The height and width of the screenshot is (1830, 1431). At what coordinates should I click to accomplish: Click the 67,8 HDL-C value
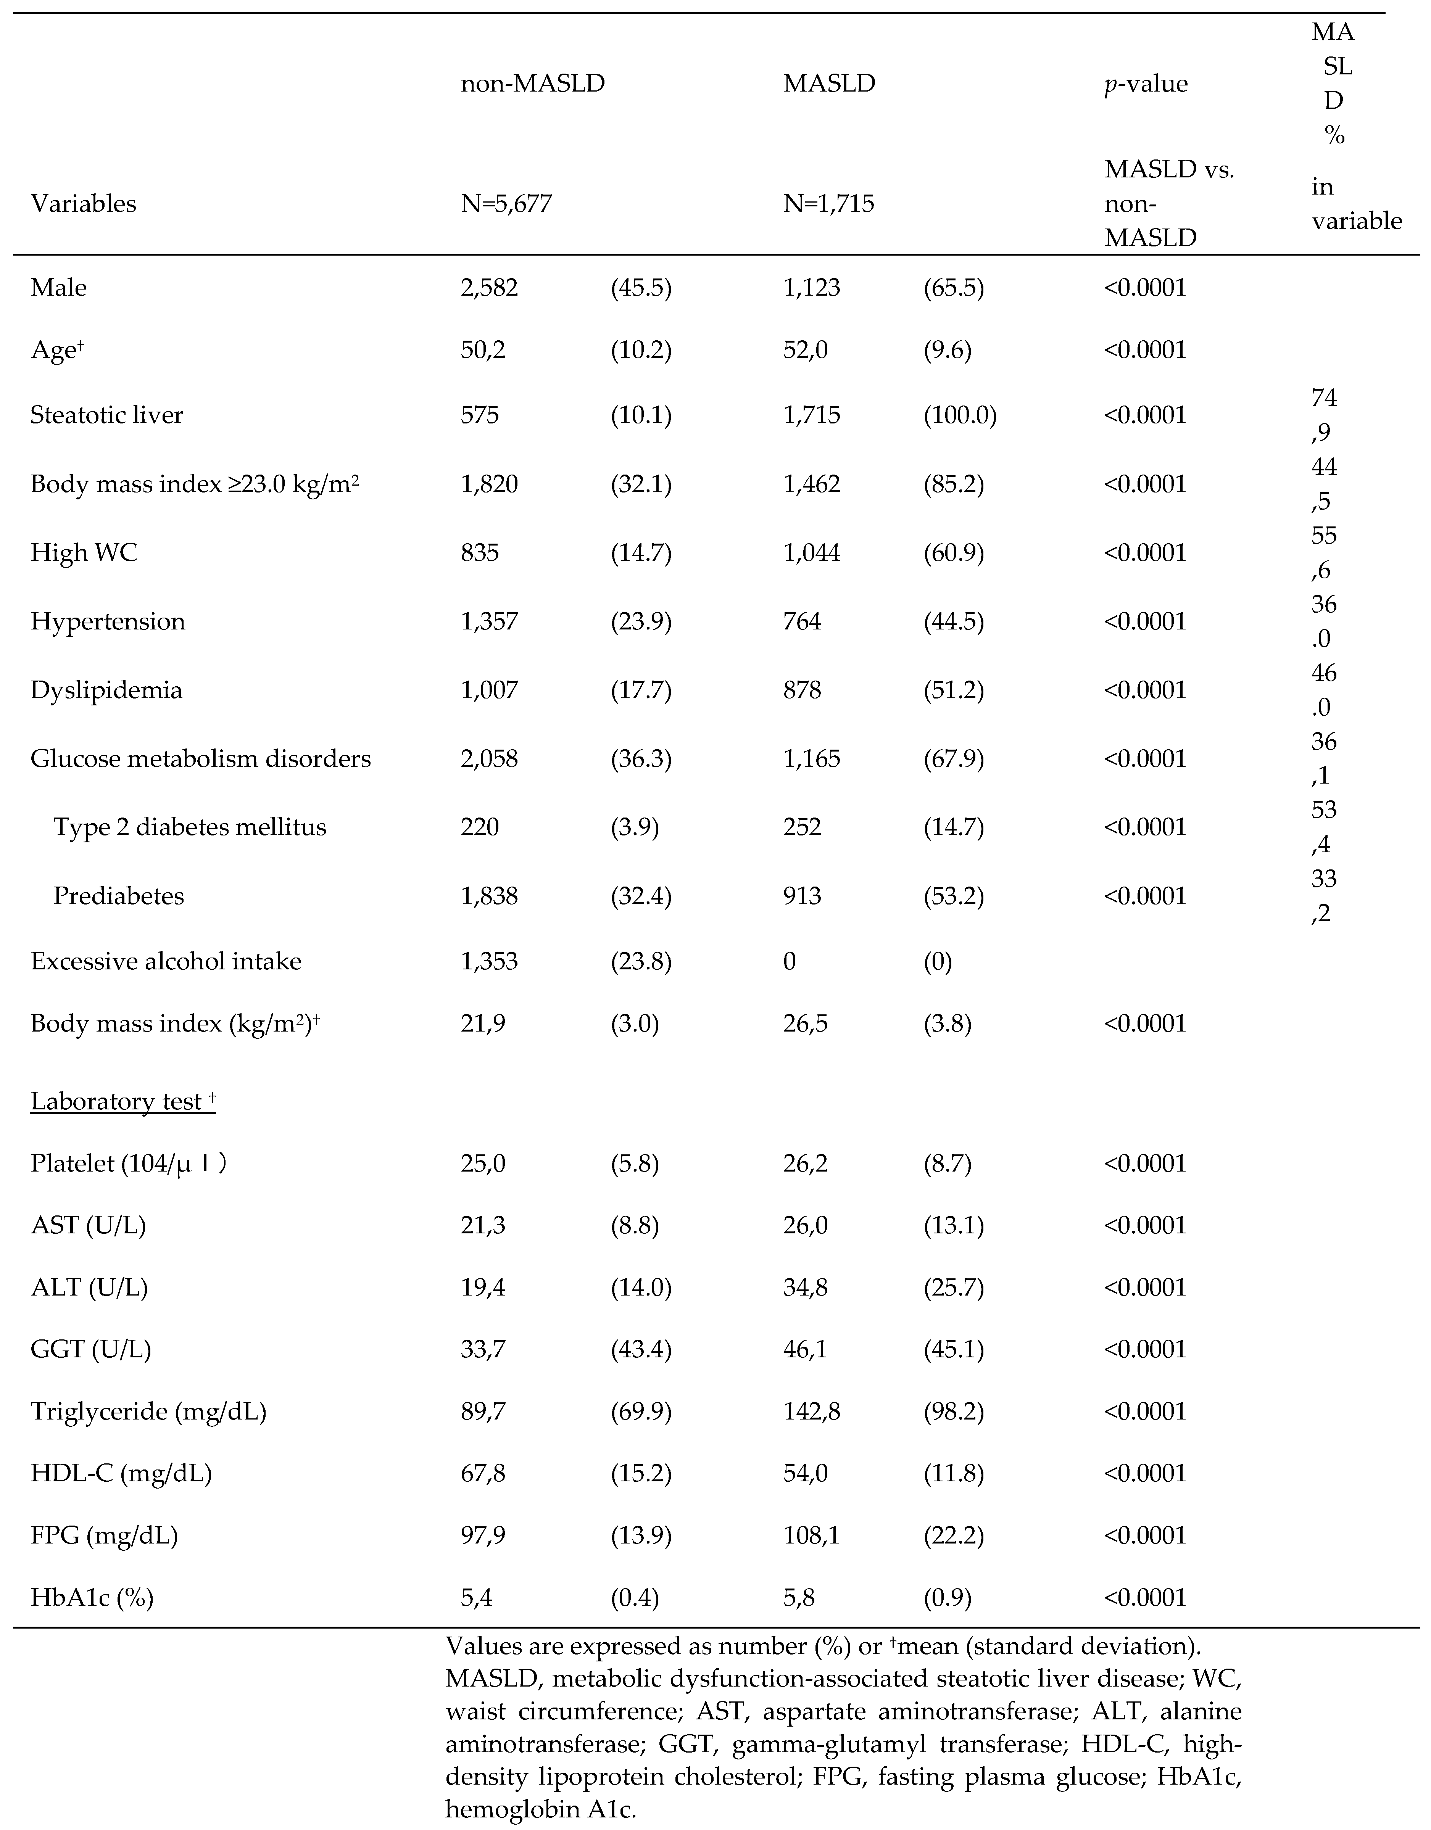484,1474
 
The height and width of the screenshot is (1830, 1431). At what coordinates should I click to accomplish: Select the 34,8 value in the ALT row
806,1288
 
